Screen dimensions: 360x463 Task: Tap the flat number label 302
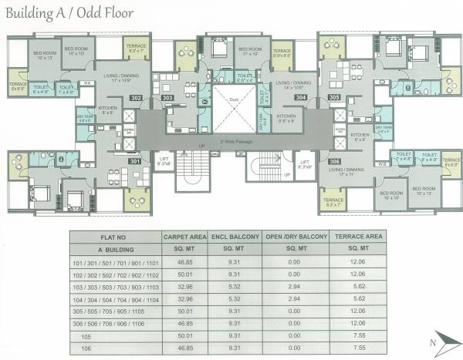coord(136,98)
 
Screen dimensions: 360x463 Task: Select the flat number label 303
coord(167,98)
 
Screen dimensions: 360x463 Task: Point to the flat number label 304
coord(301,98)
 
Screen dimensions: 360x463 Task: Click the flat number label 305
coord(333,98)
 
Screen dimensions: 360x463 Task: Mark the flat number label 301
coord(136,161)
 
